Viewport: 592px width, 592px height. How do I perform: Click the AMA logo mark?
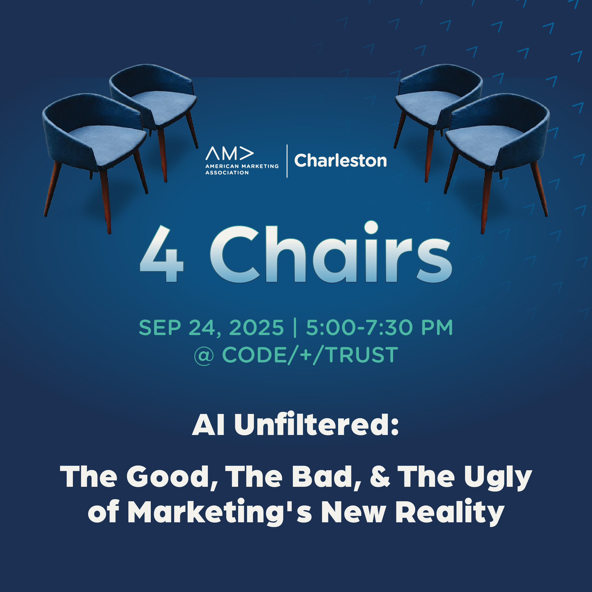(230, 153)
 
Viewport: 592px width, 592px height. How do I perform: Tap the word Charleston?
(340, 161)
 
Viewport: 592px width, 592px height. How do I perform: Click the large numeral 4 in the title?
(162, 254)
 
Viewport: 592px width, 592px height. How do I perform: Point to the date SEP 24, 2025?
(211, 328)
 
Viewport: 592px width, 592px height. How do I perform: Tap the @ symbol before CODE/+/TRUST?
(204, 356)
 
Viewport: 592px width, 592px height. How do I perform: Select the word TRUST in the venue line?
(362, 355)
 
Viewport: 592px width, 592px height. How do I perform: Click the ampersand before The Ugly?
(380, 477)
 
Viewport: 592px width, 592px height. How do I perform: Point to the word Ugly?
(498, 479)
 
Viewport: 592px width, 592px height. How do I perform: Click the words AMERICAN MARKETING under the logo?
(242, 166)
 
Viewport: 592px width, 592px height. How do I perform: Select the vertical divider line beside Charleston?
(287, 161)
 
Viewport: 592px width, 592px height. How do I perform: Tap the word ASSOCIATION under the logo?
(227, 173)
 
